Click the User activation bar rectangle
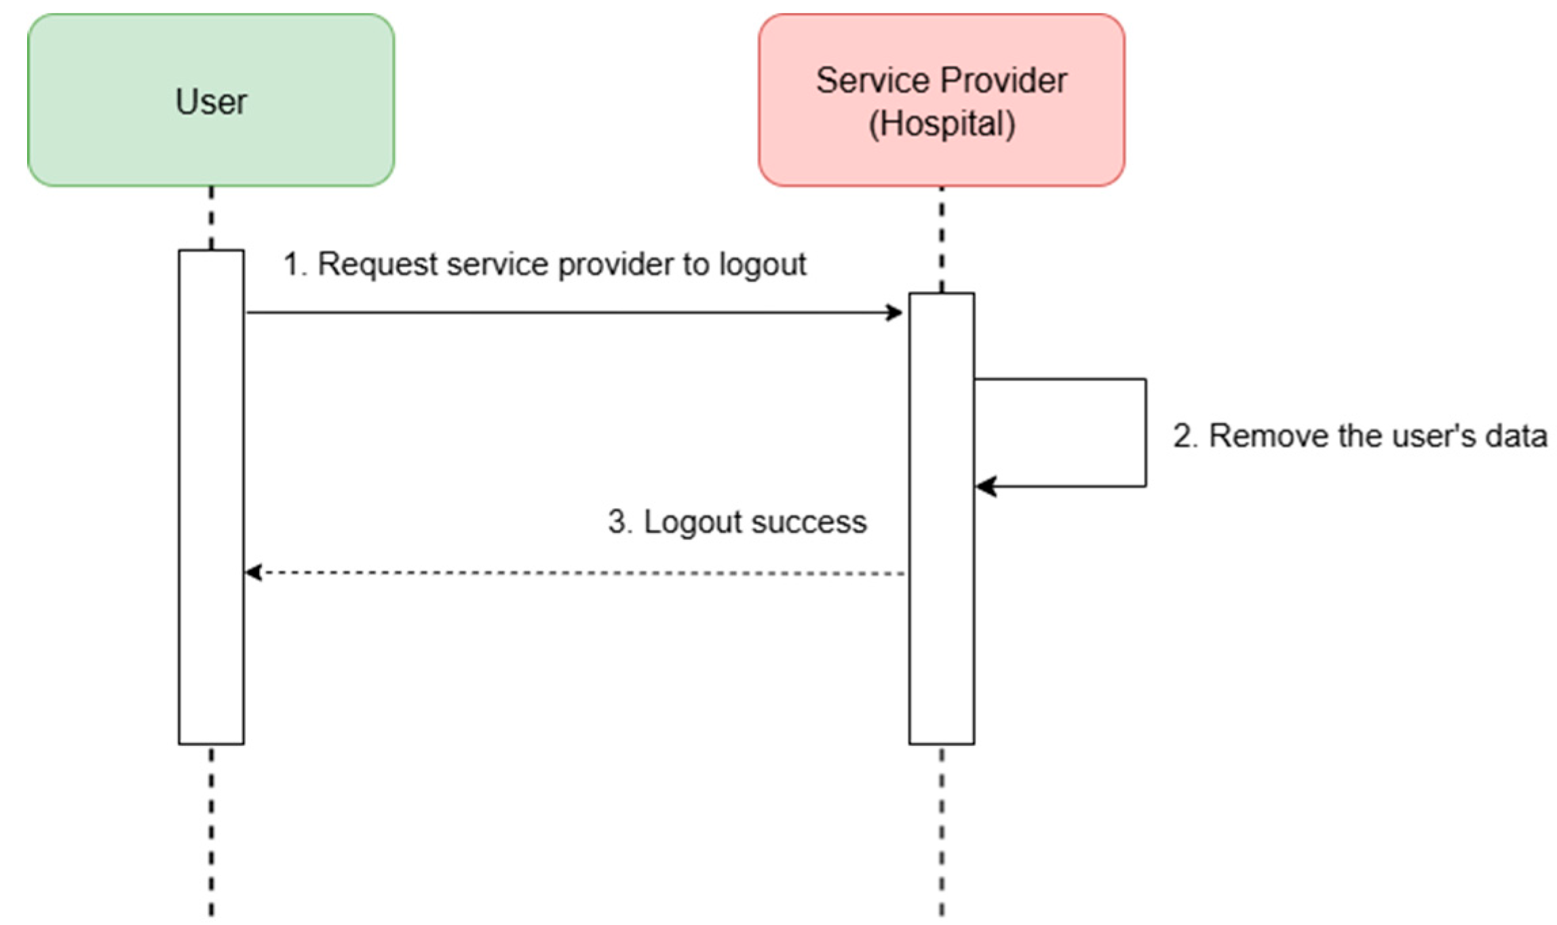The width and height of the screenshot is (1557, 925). (x=211, y=497)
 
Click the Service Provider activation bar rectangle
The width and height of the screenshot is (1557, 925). (x=941, y=519)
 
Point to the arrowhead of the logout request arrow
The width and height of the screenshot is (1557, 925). (x=896, y=313)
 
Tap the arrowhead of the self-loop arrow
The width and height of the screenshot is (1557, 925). (x=985, y=486)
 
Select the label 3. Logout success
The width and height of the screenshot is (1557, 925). (x=737, y=522)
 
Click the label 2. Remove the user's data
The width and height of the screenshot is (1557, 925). (x=1360, y=436)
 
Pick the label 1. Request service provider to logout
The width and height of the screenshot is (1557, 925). (x=544, y=264)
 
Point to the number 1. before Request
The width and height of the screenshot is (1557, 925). (x=294, y=264)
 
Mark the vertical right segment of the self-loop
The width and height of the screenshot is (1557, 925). (x=1146, y=433)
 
